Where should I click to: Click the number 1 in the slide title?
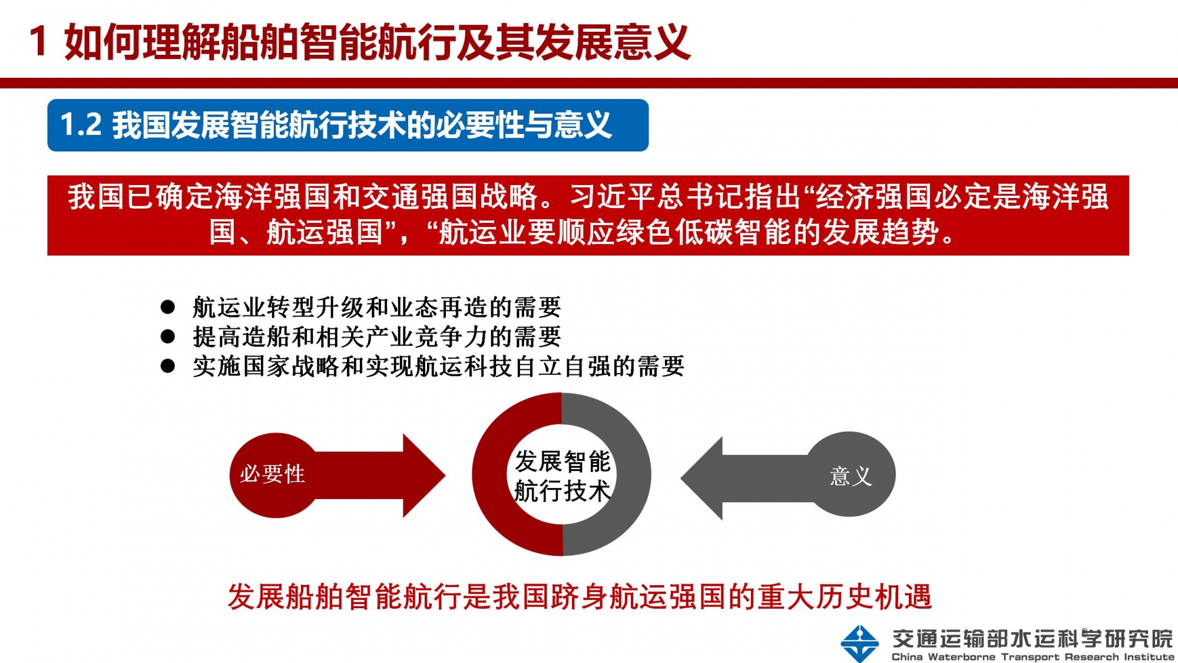tap(38, 41)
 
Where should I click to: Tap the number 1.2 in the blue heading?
tap(81, 125)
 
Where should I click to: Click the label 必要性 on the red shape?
tap(272, 474)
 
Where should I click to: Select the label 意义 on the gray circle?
tap(851, 476)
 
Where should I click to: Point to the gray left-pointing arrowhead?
tap(701, 478)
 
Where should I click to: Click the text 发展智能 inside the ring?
tap(562, 461)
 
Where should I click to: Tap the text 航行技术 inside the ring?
tap(562, 491)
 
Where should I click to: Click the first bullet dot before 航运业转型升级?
tap(168, 306)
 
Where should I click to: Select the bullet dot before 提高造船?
tap(168, 337)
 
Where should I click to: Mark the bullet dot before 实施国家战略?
tap(168, 366)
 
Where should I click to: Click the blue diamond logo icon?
tap(860, 644)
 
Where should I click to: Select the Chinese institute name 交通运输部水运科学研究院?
tap(1033, 638)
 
